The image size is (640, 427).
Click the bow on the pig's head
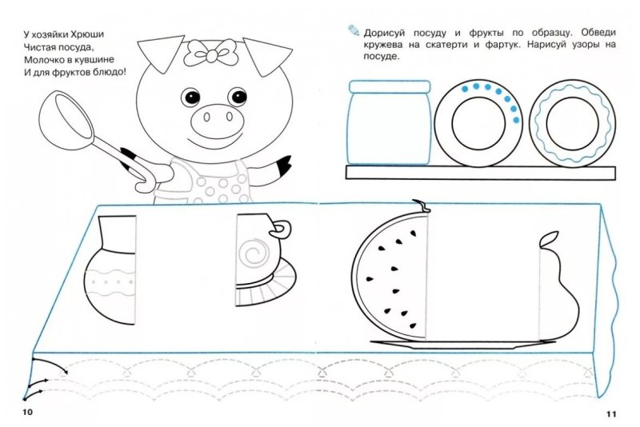pyautogui.click(x=211, y=52)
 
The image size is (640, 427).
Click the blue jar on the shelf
pyautogui.click(x=389, y=123)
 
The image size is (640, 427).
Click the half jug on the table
pyautogui.click(x=110, y=270)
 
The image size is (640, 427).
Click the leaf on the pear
pyautogui.click(x=549, y=239)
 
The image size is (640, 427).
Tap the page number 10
pyautogui.click(x=27, y=412)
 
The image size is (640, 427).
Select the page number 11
pyautogui.click(x=611, y=414)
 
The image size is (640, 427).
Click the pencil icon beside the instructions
pyautogui.click(x=354, y=30)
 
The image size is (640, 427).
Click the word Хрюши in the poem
pyautogui.click(x=87, y=34)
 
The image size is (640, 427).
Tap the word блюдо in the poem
pyautogui.click(x=107, y=73)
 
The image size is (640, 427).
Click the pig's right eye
pyautogui.click(x=190, y=97)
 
